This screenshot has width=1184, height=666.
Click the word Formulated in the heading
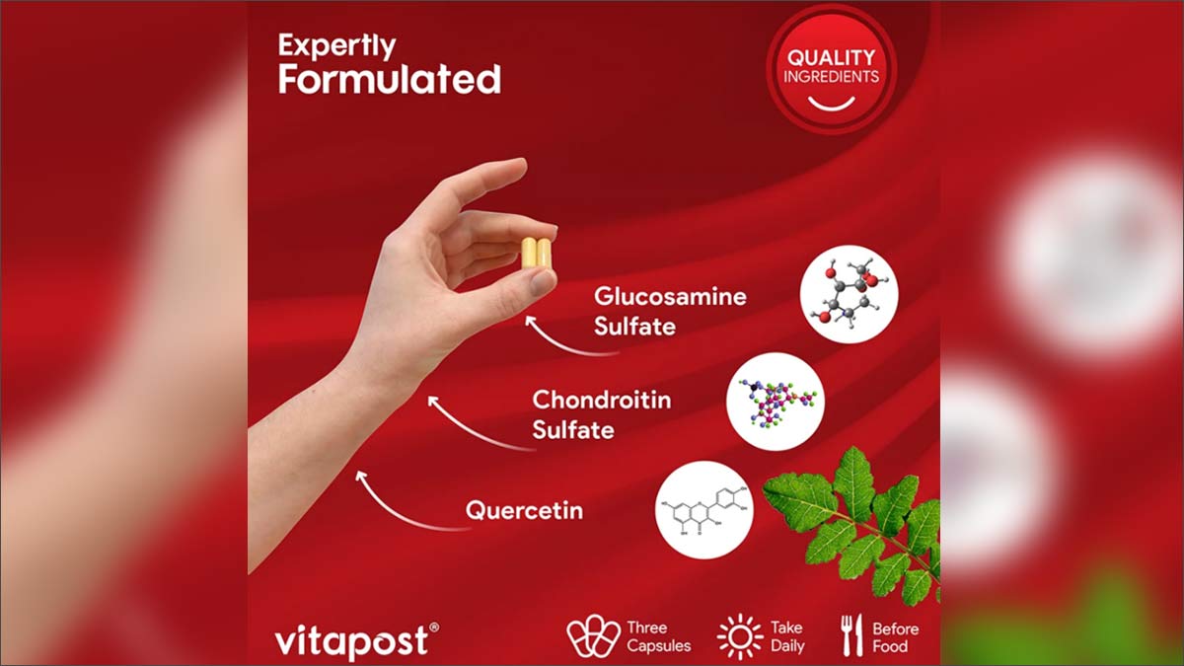[x=389, y=79]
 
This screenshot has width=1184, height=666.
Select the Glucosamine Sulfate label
[x=670, y=311]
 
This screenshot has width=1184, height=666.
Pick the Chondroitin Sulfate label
[x=601, y=414]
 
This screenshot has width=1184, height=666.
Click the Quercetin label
[x=524, y=511]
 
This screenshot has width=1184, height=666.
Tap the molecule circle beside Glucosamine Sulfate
[x=849, y=294]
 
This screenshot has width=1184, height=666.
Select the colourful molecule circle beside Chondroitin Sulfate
[x=776, y=402]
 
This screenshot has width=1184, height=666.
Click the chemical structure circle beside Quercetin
[x=704, y=510]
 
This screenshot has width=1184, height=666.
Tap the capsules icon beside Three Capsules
[x=593, y=636]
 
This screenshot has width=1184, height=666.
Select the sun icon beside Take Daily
[x=740, y=636]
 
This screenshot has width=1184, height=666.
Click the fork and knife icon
[x=851, y=635]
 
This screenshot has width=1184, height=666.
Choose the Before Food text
[x=895, y=637]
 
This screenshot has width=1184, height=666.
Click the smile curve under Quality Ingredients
[x=831, y=102]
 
